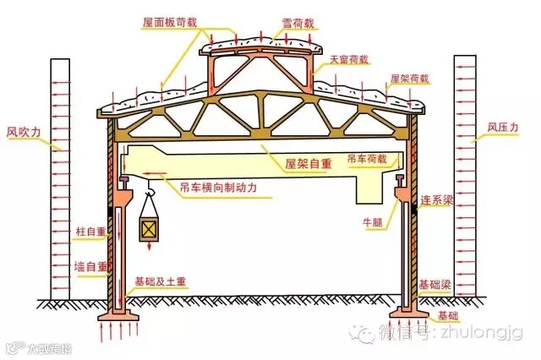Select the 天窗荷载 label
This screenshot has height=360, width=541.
point(348,59)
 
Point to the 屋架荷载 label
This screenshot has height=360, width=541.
point(409,79)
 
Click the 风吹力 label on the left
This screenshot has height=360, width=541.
point(24,131)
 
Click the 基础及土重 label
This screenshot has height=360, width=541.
point(157,280)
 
